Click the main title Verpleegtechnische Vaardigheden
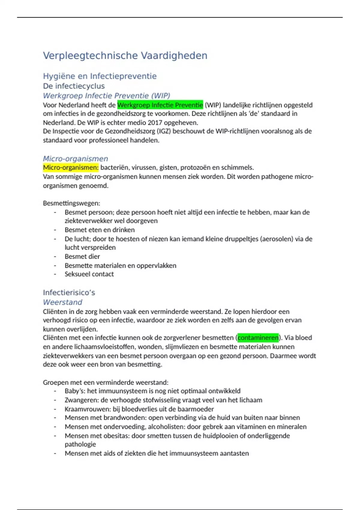pos(125,55)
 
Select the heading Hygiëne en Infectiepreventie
pos(100,76)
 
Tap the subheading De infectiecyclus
pos(74,86)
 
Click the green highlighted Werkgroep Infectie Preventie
pos(160,105)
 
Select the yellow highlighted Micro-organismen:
pos(70,167)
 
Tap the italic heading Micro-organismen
pos(75,159)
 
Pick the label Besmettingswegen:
pos(71,203)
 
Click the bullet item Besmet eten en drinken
pos(100,230)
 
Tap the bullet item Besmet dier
pos(82,256)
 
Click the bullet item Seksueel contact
pos(89,274)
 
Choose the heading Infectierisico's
pos(69,292)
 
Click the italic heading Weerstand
pos(62,302)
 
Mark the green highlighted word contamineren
pos(258,338)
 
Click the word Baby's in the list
pos(75,391)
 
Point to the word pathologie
pos(80,444)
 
